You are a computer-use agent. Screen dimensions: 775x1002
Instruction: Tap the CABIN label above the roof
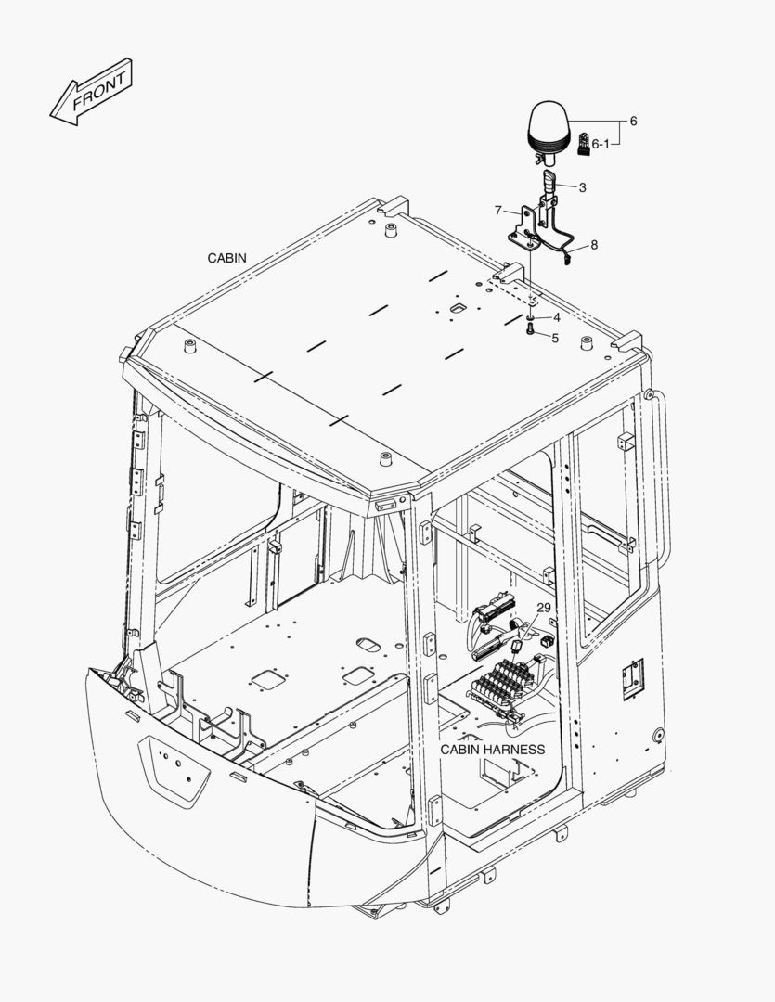tap(227, 258)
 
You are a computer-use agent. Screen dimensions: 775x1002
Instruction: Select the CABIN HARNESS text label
tap(492, 749)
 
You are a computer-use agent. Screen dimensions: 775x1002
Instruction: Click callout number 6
tap(633, 122)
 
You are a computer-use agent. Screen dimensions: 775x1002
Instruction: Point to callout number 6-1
tap(601, 144)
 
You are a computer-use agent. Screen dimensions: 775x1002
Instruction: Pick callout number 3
tap(582, 188)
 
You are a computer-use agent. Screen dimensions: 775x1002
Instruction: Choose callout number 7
tap(498, 211)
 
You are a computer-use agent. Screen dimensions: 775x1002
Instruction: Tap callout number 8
tap(594, 245)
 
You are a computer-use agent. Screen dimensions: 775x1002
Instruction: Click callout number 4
tap(556, 318)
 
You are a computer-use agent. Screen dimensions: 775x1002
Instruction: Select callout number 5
tap(555, 339)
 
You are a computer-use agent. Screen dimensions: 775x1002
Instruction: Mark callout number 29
tap(544, 607)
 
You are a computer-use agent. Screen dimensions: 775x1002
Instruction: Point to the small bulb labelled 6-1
tap(583, 143)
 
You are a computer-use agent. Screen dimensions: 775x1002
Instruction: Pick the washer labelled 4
tap(529, 318)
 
